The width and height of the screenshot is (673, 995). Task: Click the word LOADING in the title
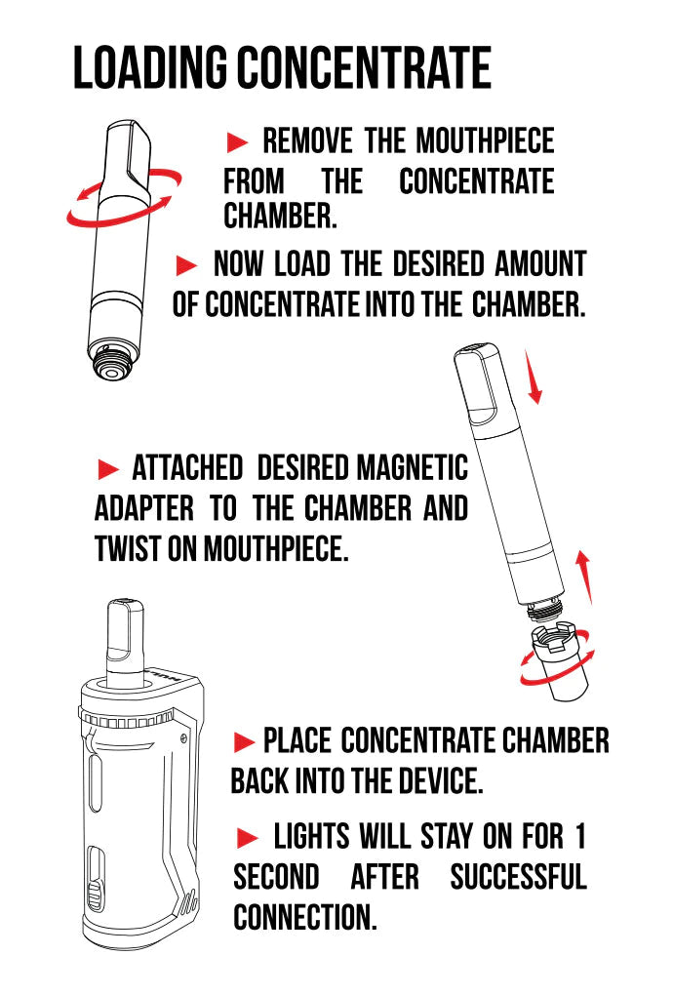[x=150, y=67]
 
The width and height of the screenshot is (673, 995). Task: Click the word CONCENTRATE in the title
[x=365, y=67]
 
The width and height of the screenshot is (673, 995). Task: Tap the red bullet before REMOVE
[x=237, y=142]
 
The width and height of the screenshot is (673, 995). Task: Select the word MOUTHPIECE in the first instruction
[x=486, y=140]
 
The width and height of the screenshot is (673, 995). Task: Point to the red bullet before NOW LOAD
[x=186, y=265]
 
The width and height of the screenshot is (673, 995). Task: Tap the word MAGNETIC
[x=413, y=468]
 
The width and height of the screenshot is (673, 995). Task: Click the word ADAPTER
[x=144, y=509]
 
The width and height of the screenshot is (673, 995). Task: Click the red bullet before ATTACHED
[x=108, y=469]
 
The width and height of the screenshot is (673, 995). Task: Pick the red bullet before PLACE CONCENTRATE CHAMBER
[x=244, y=741]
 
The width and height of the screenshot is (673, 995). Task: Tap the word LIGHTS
[x=311, y=836]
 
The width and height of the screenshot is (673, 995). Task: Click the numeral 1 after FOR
[x=579, y=836]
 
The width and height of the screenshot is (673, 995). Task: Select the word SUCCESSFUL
[x=518, y=877]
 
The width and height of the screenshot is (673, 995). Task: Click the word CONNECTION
[x=305, y=917]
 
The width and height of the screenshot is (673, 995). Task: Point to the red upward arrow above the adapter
[x=585, y=577]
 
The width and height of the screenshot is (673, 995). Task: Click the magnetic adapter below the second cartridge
[x=561, y=661]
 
